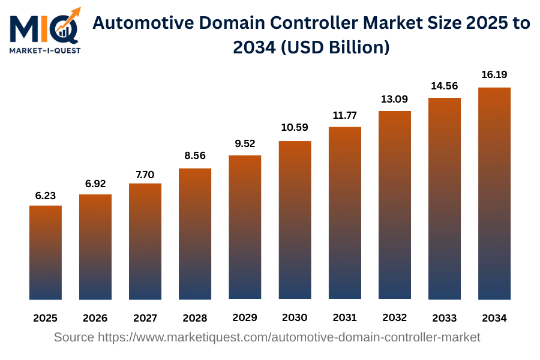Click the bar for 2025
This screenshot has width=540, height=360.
pyautogui.click(x=46, y=252)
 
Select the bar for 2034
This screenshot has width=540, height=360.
pyautogui.click(x=494, y=193)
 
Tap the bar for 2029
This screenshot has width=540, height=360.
pyautogui.click(x=245, y=227)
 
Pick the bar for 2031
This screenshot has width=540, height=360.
pyautogui.click(x=344, y=213)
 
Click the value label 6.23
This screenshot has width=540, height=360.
pyautogui.click(x=46, y=196)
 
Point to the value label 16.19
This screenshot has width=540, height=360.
pyautogui.click(x=494, y=75)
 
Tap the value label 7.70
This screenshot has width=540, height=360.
pyautogui.click(x=145, y=175)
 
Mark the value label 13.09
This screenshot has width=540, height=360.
pyautogui.click(x=394, y=99)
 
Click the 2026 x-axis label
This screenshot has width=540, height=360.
pyautogui.click(x=95, y=317)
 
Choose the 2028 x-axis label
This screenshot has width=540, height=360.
pyautogui.click(x=195, y=317)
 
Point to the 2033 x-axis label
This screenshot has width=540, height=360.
pyautogui.click(x=444, y=317)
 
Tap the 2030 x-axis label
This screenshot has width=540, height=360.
pyautogui.click(x=295, y=317)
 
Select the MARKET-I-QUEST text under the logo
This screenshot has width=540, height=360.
pyautogui.click(x=45, y=50)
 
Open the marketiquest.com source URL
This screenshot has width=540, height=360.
pyautogui.click(x=289, y=337)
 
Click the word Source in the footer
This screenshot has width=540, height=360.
pyautogui.click(x=74, y=337)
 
